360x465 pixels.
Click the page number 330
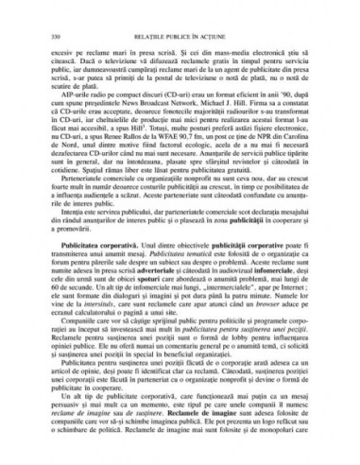tap(41, 15)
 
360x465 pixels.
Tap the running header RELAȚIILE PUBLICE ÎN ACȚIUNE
tap(179, 15)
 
